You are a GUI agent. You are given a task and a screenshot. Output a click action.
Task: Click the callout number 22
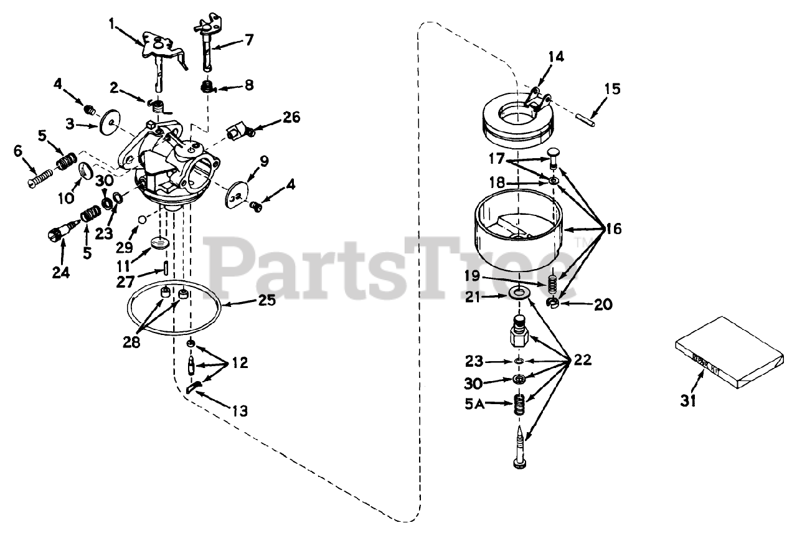pyautogui.click(x=583, y=360)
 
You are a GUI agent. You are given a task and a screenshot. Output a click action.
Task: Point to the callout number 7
pyautogui.click(x=248, y=40)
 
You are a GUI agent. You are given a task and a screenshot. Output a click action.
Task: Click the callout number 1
pyautogui.click(x=111, y=24)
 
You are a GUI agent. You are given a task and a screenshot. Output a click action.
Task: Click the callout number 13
pyautogui.click(x=240, y=411)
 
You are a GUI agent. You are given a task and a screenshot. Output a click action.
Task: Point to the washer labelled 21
pyautogui.click(x=519, y=291)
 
